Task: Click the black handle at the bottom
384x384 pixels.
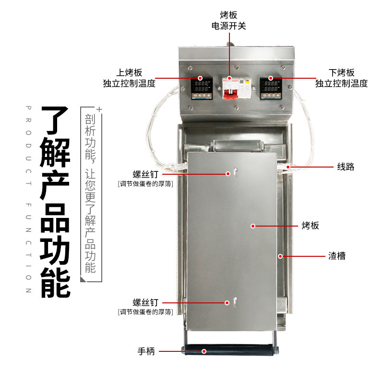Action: [230, 351]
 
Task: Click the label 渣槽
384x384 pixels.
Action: [336, 256]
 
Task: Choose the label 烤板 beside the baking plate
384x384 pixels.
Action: [310, 225]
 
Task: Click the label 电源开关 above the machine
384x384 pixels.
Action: [228, 25]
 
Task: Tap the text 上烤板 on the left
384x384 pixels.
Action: [129, 73]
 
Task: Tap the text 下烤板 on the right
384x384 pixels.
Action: [341, 73]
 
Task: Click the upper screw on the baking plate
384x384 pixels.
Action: [235, 171]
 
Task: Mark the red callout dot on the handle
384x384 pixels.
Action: [204, 351]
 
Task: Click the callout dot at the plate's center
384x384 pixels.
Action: [252, 225]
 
